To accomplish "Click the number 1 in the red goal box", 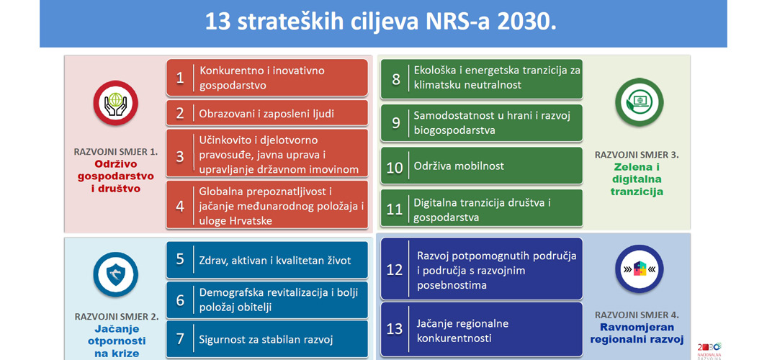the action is click(180, 78).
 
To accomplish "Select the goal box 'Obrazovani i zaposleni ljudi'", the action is click(267, 113).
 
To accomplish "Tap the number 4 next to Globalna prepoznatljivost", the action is click(180, 206).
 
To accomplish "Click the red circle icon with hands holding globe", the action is click(115, 103).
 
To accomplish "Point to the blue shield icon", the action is click(115, 274).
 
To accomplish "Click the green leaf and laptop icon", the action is click(639, 102).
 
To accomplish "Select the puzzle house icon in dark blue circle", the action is click(639, 269).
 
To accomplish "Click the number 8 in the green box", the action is click(395, 79).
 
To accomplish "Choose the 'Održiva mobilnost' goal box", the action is click(481, 166).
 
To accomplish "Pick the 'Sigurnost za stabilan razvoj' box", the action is click(267, 339).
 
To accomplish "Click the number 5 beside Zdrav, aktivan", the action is click(180, 258).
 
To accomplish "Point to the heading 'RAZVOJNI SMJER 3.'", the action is click(637, 155).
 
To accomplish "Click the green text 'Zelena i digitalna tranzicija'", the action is click(637, 179).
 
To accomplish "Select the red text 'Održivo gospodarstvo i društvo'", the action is click(115, 176).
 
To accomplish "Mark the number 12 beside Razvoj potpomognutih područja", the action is click(394, 270).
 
